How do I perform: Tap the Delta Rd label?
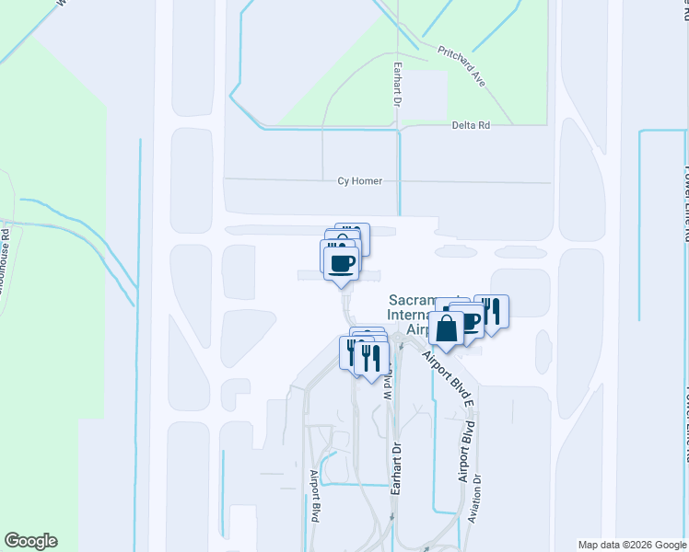tap(470, 125)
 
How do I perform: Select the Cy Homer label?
tap(359, 181)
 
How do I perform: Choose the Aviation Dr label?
tap(475, 498)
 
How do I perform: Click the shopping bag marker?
tap(447, 329)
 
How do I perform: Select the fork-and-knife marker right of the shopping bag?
tap(492, 312)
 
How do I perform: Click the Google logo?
tap(30, 541)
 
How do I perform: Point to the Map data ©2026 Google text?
tap(632, 545)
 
